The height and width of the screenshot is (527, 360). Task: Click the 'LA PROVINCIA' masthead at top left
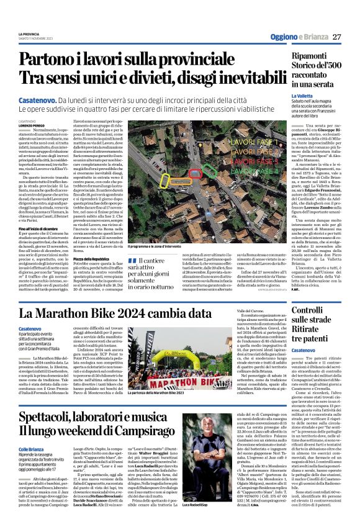click(x=29, y=33)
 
